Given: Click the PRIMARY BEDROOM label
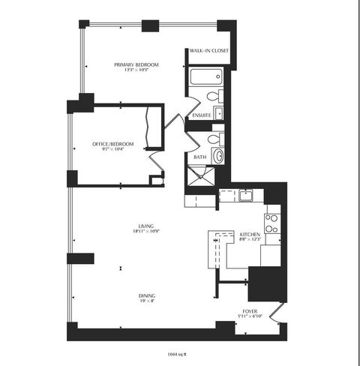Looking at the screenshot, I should pos(136,65).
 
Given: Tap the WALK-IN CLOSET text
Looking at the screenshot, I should pos(208,51).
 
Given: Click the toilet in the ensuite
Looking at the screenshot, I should pos(213,96).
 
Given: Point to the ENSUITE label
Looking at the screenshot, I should pos(200,115).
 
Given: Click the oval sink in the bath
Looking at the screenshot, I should pos(217,155).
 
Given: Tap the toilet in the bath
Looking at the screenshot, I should pos(214,138).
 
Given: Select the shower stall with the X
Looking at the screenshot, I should pos(201,178).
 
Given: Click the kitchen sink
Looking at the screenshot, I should pos(244,196).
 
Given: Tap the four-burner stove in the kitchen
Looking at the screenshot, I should pos(271,222).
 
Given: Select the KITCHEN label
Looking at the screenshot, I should pos(249,235).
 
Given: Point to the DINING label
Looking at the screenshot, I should pos(147,295).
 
